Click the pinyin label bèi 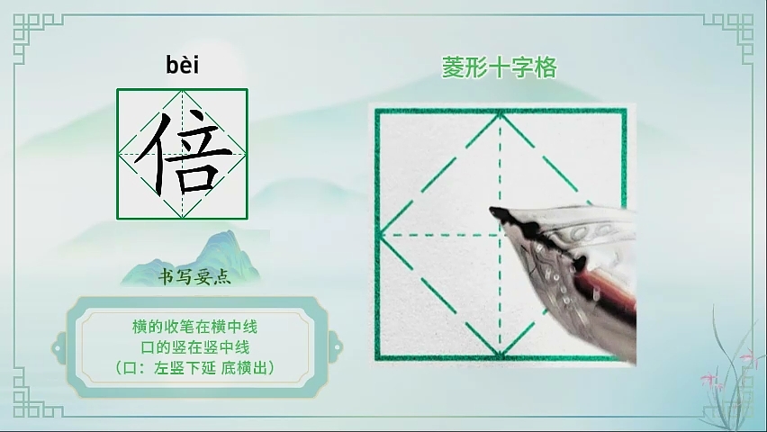183,65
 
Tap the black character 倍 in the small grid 183,153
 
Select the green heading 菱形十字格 500,67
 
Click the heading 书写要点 194,277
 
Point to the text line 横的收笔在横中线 194,327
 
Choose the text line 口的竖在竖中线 195,346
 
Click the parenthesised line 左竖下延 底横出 195,367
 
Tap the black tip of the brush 495,211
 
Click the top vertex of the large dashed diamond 500,113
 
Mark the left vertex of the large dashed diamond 380,235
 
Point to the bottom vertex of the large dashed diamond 500,356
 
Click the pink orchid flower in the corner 708,379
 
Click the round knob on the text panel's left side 59,348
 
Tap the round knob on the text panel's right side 336,347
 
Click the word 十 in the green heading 500,67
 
